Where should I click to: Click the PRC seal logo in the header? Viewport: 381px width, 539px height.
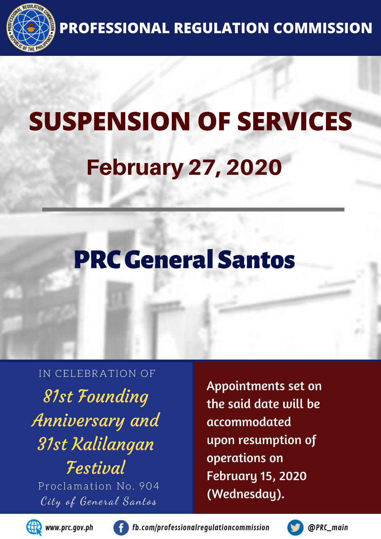pos(31,27)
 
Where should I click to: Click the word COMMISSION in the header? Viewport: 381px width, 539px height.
pos(323,28)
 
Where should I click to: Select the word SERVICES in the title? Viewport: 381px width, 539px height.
pos(294,121)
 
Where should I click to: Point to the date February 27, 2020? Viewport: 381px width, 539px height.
pos(184,168)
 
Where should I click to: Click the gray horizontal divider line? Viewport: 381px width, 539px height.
pos(193,210)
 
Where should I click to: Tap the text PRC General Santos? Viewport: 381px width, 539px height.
pos(184,259)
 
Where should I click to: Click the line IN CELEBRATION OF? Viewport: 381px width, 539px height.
pos(97,374)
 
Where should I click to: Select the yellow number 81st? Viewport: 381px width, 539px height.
pos(58,396)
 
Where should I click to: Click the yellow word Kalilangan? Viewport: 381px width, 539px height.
pos(113,444)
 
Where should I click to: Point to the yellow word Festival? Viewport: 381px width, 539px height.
pos(96,468)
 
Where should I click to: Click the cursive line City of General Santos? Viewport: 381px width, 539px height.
pos(99,502)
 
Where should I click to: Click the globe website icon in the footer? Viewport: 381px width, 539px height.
pos(34,528)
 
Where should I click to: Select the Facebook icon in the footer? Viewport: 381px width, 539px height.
pos(121,528)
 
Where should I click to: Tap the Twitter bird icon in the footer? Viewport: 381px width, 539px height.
pos(295,528)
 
